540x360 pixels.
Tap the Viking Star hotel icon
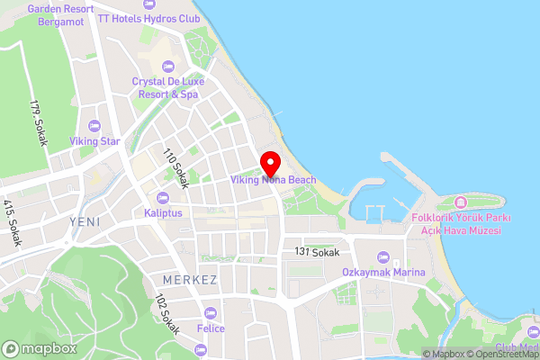(95, 126)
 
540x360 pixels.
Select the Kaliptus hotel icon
(163, 198)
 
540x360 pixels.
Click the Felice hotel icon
(211, 313)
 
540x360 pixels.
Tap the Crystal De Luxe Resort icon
(166, 66)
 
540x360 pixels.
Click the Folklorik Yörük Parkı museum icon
(461, 201)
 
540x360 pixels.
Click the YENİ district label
(84, 220)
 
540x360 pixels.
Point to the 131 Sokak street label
(317, 252)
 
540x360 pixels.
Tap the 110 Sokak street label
(175, 167)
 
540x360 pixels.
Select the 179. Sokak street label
(37, 123)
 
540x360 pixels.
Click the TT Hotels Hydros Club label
(148, 18)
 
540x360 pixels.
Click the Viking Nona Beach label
(274, 180)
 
